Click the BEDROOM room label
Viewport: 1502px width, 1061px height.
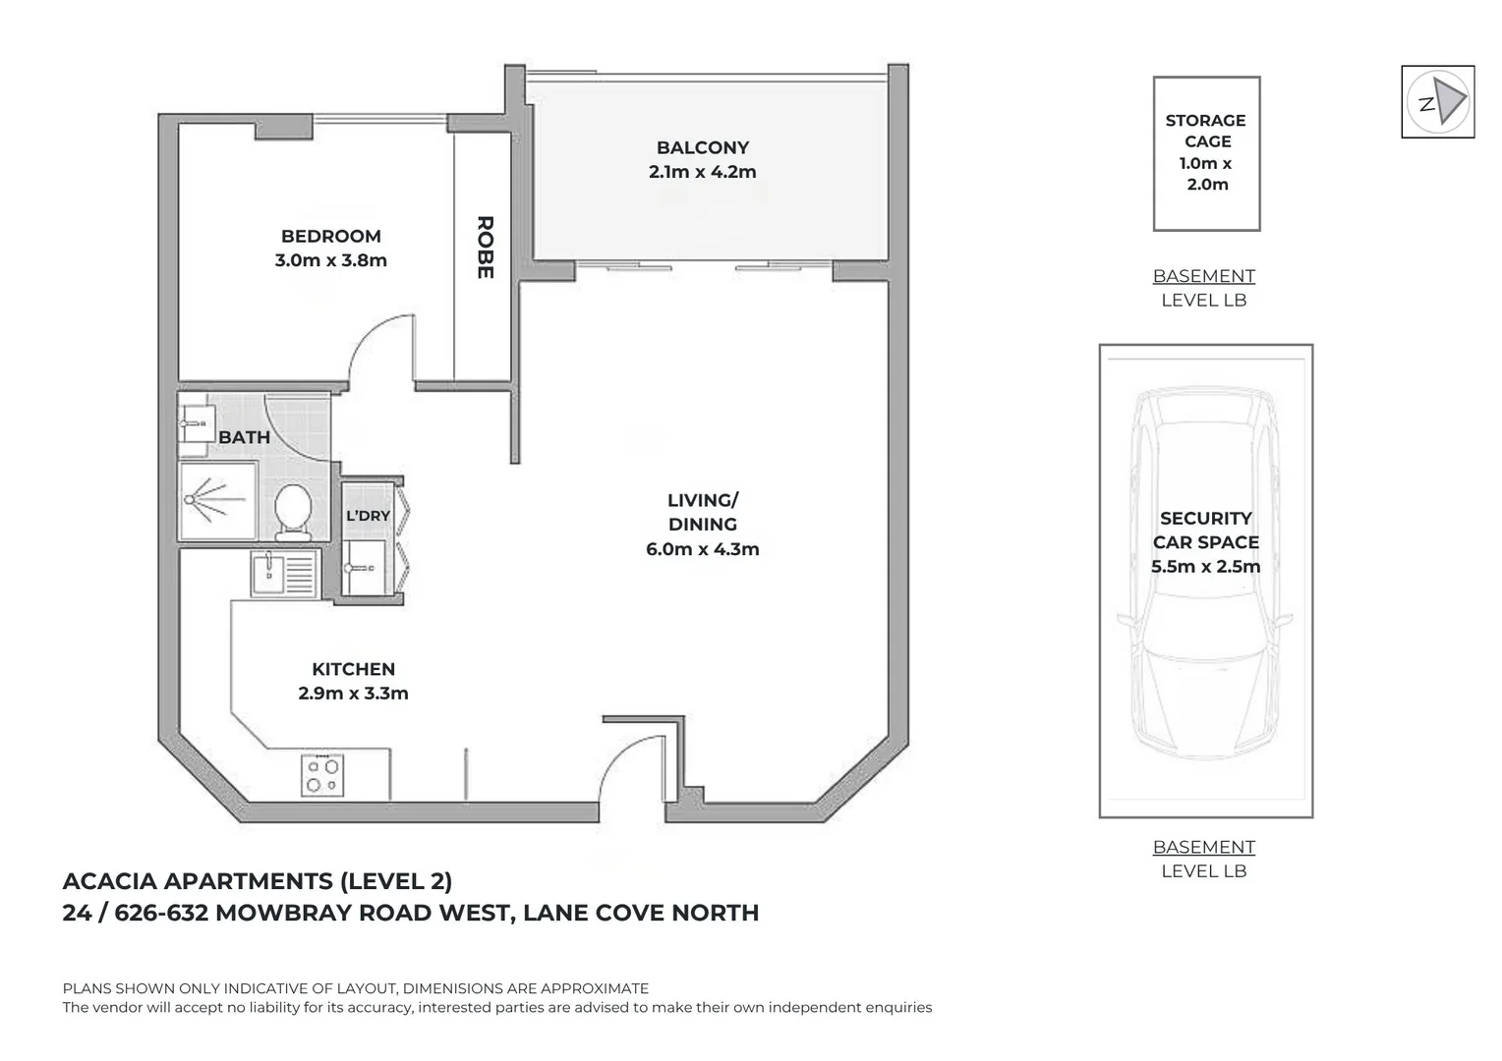[x=330, y=236]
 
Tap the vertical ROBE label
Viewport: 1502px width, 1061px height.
[x=485, y=248]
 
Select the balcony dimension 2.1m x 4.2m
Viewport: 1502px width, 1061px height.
[x=702, y=172]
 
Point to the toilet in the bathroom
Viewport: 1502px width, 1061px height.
[x=293, y=513]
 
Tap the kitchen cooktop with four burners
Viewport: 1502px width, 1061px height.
[x=322, y=775]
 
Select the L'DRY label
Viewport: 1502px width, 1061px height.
[x=368, y=516]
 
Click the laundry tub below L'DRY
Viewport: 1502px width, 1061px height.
[x=364, y=568]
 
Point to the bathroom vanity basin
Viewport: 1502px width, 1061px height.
[x=193, y=423]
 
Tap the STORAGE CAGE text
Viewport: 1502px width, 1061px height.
[x=1205, y=131]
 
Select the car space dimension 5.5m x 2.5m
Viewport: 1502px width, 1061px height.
[x=1205, y=567]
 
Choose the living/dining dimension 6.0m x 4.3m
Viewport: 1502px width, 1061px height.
[x=702, y=549]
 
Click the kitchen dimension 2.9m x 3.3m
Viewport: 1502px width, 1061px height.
[x=353, y=693]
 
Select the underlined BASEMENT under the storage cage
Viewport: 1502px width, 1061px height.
[x=1203, y=276]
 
